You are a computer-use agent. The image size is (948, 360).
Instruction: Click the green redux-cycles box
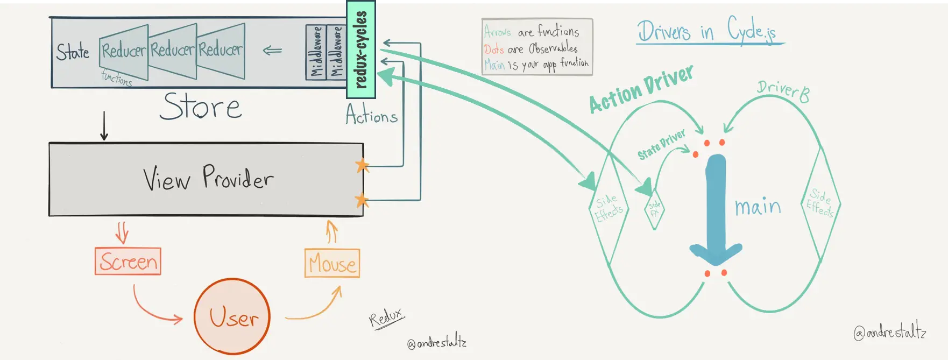[360, 50]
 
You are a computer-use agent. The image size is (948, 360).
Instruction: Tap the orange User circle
[232, 316]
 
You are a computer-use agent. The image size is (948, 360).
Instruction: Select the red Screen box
[128, 262]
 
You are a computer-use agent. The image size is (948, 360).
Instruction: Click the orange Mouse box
[332, 263]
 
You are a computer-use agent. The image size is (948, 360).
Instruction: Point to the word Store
[201, 106]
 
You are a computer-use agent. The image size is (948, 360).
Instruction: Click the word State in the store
[73, 52]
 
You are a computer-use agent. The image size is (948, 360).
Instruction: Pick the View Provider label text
[208, 178]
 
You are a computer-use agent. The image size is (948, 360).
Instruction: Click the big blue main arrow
[716, 210]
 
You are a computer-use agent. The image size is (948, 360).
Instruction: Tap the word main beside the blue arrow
[758, 207]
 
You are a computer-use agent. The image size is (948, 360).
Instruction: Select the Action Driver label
[641, 89]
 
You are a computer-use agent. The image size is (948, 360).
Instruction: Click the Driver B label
[783, 91]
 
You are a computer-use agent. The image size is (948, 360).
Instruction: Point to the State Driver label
[661, 145]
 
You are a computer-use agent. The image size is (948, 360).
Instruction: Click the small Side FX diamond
[654, 209]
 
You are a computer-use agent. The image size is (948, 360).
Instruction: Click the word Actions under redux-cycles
[371, 115]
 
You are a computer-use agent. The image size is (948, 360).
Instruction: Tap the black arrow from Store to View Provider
[104, 126]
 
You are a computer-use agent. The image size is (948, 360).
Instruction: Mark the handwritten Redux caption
[386, 318]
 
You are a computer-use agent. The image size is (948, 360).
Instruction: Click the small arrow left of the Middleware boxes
[272, 51]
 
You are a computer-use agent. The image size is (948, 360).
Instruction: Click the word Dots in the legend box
[493, 50]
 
